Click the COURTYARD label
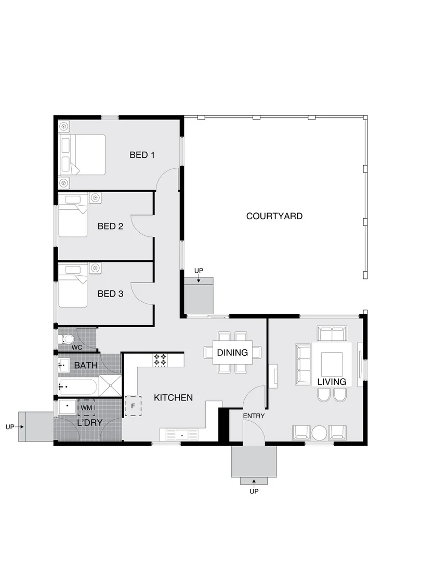[x=274, y=216]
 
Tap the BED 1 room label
[x=142, y=155]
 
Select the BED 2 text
[x=110, y=226]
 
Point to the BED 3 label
[x=110, y=293]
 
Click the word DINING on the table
[x=232, y=353]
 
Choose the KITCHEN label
[x=174, y=397]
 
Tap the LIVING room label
[x=332, y=382]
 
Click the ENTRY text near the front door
[x=254, y=416]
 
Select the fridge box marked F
[x=133, y=406]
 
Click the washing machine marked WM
[x=86, y=408]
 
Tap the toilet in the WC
[x=67, y=340]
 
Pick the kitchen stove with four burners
[x=160, y=359]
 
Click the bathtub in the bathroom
[x=78, y=387]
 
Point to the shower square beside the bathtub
[x=110, y=387]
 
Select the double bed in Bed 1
[x=83, y=154]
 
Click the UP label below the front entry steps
[x=254, y=491]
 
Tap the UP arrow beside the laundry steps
[x=15, y=427]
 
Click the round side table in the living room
[x=319, y=433]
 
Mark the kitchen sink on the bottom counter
[x=181, y=434]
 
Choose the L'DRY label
[x=89, y=422]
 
